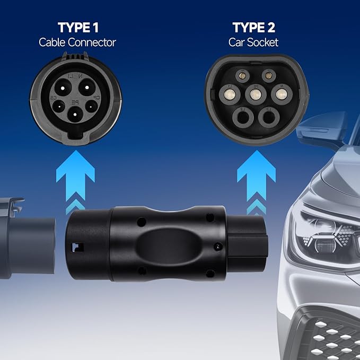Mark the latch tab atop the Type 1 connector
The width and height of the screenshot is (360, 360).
coord(75,57)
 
